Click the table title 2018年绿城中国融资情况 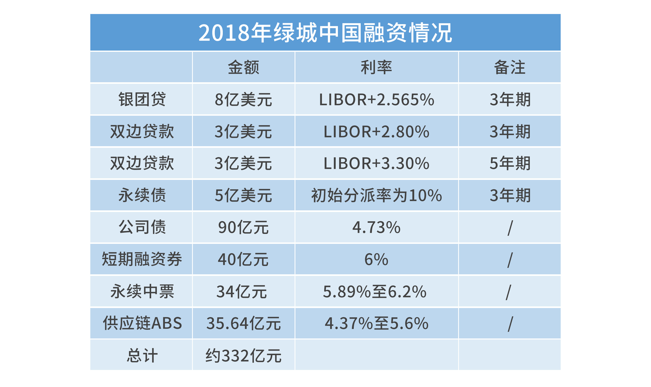[x=325, y=33]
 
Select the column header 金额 [x=244, y=67]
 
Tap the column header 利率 [x=376, y=67]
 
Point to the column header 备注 [x=509, y=67]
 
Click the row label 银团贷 [x=142, y=99]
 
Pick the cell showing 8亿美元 [x=244, y=99]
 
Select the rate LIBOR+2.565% [x=376, y=99]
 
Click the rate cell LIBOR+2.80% [x=376, y=131]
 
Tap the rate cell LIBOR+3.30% [x=376, y=163]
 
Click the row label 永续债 [x=142, y=195]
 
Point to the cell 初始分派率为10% [x=376, y=195]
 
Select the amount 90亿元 [x=244, y=227]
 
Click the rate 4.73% [x=376, y=227]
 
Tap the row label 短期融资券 [x=142, y=259]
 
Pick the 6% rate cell [x=376, y=259]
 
